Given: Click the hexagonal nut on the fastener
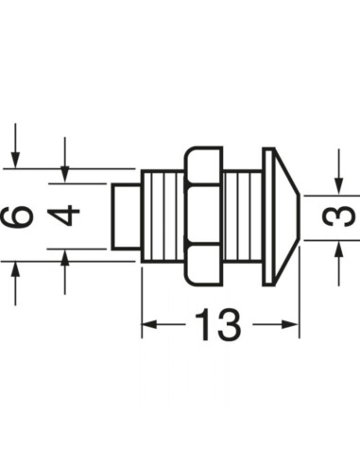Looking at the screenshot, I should point(202,216).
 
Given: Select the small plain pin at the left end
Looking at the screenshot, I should point(126,216).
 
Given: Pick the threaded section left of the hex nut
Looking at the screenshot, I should point(163,216).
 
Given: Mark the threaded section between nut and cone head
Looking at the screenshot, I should point(244,216).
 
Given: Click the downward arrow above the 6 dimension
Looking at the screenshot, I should point(15,159).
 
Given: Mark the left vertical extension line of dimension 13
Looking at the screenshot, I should point(142,302).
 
